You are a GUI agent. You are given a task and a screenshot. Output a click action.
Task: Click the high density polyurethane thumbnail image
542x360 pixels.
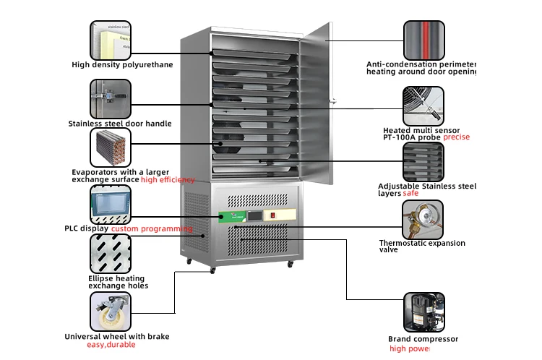(x=111, y=40)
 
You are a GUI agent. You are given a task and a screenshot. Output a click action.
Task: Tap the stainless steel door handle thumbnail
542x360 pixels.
(x=111, y=98)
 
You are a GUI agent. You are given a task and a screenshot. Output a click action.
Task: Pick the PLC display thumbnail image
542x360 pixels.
(x=111, y=204)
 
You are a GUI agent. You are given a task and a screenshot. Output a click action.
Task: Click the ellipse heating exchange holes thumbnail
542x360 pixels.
(x=111, y=253)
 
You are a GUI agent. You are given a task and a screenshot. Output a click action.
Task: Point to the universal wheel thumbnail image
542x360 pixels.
(x=111, y=311)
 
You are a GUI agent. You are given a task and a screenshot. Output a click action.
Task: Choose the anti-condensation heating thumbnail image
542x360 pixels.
(x=423, y=40)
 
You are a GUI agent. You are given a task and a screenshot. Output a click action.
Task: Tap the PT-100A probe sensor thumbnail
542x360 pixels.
(x=423, y=107)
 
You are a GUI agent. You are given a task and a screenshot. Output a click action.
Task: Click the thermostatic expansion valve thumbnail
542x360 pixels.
(x=423, y=219)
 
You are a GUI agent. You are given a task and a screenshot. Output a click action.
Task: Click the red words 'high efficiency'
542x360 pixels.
(x=168, y=179)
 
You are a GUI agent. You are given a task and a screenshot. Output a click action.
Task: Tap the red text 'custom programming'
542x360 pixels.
(x=152, y=228)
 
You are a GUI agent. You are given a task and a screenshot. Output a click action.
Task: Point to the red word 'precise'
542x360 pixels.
(x=456, y=137)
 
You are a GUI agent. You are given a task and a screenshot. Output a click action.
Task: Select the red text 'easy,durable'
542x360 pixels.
(x=111, y=345)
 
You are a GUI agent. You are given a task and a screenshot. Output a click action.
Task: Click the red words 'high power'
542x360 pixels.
(x=409, y=348)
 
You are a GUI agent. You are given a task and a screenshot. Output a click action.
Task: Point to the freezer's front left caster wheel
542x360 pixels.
(x=212, y=270)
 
